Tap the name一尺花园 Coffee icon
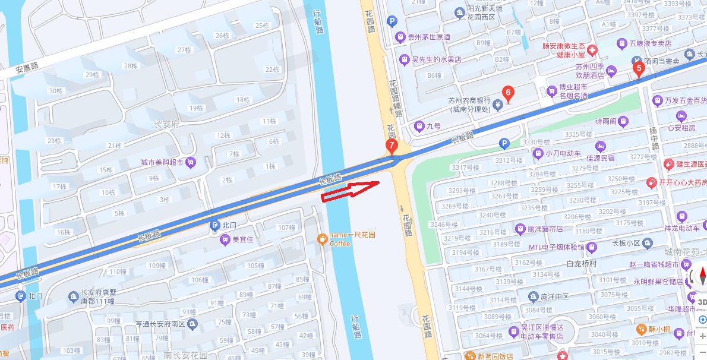322,239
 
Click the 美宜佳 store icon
225,239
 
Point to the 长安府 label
166,124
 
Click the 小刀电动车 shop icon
538,153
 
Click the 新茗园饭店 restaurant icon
471,356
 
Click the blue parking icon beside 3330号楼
504,143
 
